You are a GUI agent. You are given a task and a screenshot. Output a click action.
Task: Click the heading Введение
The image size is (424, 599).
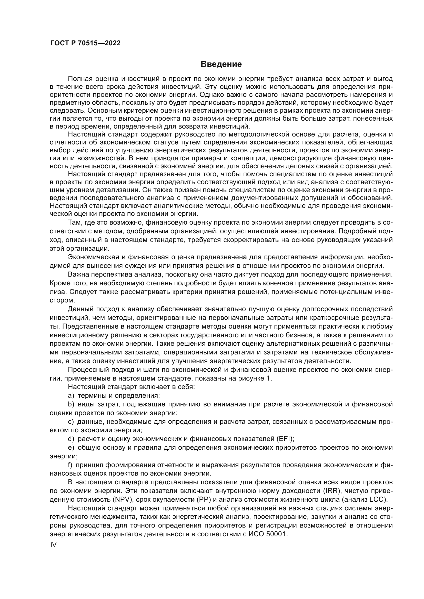pos(221,64)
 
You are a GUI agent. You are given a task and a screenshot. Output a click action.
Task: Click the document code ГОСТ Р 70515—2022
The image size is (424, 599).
pos(85,43)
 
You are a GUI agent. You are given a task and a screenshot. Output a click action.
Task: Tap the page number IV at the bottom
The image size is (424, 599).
pos(53,545)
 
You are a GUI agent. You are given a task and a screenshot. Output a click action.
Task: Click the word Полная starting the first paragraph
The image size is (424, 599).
pos(80,79)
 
